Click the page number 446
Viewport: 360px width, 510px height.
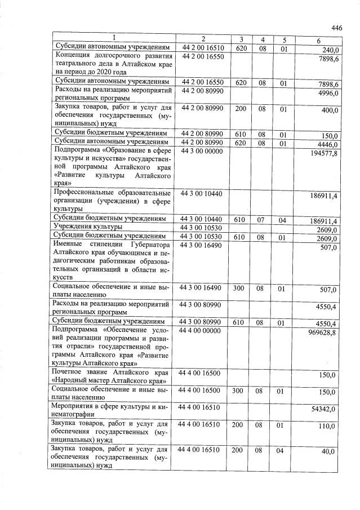click(336, 28)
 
